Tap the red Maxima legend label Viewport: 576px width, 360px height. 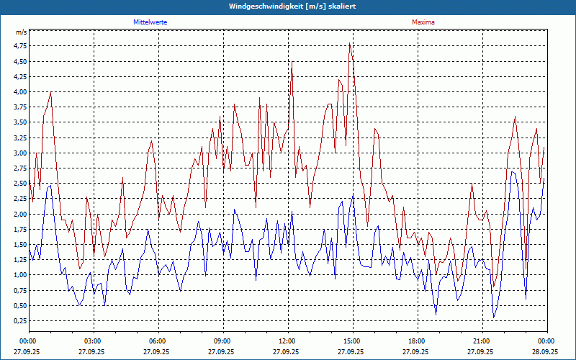pos(423,22)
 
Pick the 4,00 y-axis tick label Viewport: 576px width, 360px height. pos(19,92)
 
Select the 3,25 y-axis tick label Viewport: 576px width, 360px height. pos(19,138)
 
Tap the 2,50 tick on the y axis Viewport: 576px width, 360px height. pos(19,184)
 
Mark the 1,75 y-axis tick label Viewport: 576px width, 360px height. pos(19,230)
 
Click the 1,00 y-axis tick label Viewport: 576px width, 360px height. pos(19,275)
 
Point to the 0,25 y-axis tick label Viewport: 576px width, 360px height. pos(19,321)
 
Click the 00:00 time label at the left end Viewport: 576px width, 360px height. pos(28,341)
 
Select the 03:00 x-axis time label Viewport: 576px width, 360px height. pos(93,341)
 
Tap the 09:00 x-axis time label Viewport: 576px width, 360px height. pos(222,341)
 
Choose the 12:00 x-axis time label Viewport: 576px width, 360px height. pos(287,341)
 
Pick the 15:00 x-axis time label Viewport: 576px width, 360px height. pos(352,341)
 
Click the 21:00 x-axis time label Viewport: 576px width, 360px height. pos(482,341)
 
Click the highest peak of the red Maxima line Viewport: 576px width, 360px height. pos(350,43)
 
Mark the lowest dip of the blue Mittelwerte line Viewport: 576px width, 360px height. pos(494,318)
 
